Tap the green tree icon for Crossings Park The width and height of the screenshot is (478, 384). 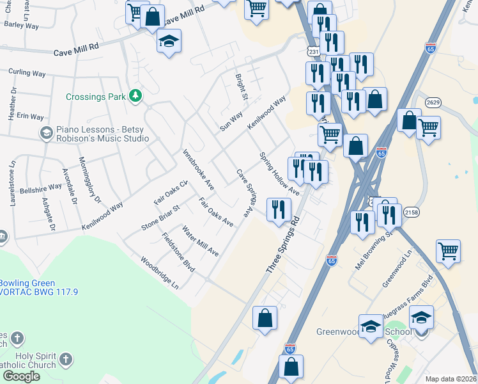coord(135,96)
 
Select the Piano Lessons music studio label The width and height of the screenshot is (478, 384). coord(102,133)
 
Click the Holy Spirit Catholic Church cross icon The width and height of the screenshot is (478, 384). coord(17,337)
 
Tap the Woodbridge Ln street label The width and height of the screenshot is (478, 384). coord(159,273)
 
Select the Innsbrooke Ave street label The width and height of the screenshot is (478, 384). coord(198,170)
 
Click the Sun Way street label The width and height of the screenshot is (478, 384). coord(231,120)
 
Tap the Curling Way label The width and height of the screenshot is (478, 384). coord(27,74)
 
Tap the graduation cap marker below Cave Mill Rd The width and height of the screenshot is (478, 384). coord(169,42)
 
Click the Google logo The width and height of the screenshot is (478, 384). coord(21,376)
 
